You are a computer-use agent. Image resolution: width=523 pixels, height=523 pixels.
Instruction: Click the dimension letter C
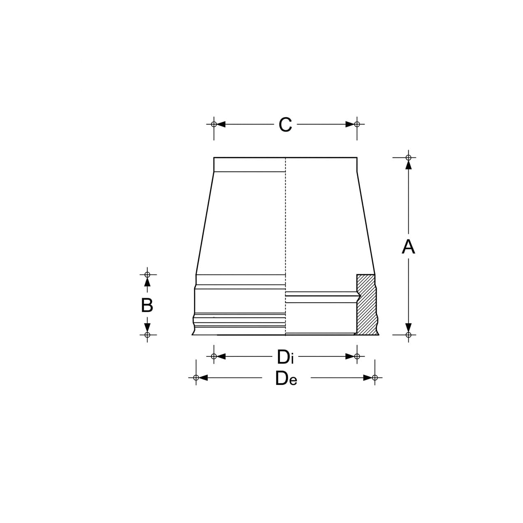(285, 125)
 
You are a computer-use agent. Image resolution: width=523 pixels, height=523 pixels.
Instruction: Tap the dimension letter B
(147, 305)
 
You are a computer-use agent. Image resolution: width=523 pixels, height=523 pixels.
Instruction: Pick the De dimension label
(286, 378)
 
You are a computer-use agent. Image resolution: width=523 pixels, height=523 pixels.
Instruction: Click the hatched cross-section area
(366, 305)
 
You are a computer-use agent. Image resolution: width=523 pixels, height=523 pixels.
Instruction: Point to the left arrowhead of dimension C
(221, 124)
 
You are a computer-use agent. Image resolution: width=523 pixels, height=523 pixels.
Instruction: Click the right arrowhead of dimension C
(350, 124)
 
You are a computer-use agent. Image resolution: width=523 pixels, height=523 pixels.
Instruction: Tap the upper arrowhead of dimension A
(408, 165)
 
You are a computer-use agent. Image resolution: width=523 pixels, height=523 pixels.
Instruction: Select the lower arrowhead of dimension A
(408, 328)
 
